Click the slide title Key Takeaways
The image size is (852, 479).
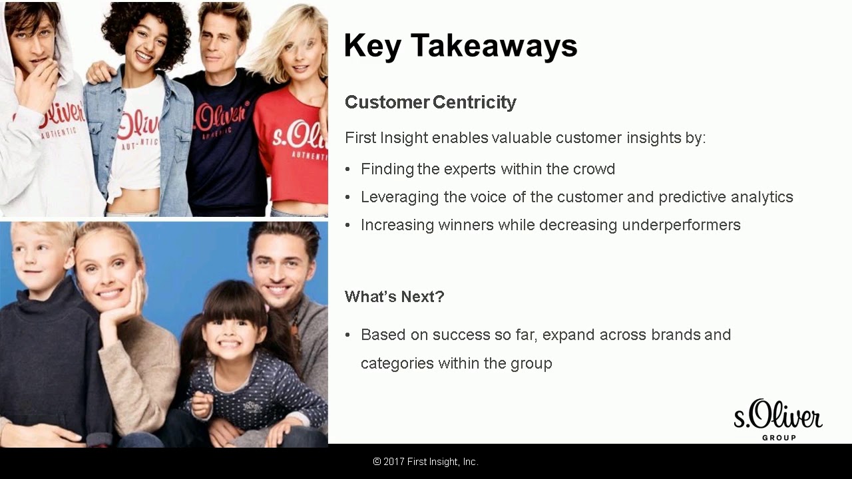point(460,46)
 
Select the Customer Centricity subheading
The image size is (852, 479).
point(430,102)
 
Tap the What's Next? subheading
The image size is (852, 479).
point(394,297)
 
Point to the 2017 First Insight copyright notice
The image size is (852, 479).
point(425,462)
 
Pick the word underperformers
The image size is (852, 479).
point(681,225)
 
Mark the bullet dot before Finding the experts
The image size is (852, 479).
point(347,170)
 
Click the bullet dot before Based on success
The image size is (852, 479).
point(347,335)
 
